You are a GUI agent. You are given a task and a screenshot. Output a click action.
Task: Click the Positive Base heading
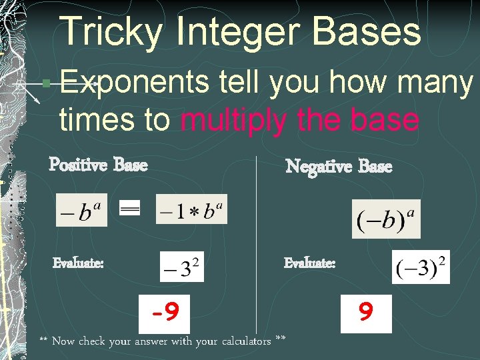(98, 164)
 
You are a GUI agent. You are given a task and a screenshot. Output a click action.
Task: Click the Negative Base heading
(339, 166)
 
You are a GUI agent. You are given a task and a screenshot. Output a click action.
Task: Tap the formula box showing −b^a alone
(81, 210)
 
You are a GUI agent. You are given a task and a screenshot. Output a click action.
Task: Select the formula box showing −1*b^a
(191, 209)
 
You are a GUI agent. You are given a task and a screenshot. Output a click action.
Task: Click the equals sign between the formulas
(129, 209)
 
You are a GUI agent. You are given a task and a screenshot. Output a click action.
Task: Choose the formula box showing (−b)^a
(386, 219)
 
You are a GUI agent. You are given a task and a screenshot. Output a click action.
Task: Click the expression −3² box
(181, 266)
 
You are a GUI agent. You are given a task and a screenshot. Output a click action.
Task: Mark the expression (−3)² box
(421, 266)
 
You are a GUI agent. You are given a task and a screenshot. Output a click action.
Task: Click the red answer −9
(165, 312)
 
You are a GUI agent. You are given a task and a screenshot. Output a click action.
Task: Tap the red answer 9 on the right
(365, 312)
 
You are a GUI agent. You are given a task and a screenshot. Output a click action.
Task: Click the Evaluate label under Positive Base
(78, 263)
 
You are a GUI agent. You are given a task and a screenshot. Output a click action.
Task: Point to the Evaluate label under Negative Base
(309, 263)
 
